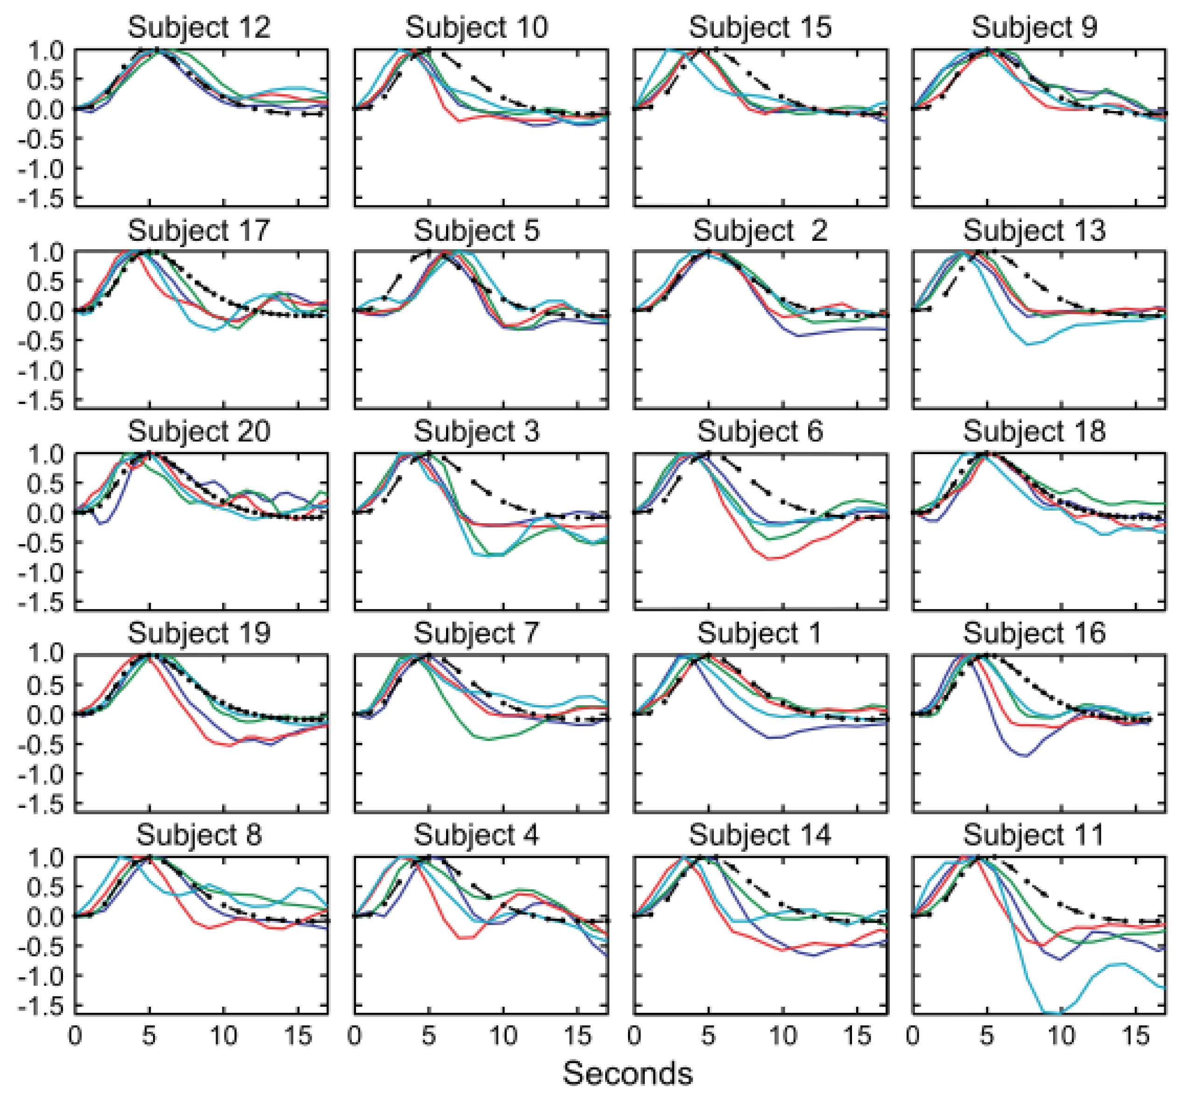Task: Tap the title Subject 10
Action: click(x=476, y=28)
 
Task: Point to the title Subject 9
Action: click(x=1035, y=28)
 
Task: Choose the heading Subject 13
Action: click(x=1035, y=231)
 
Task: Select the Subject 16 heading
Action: click(x=1035, y=633)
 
